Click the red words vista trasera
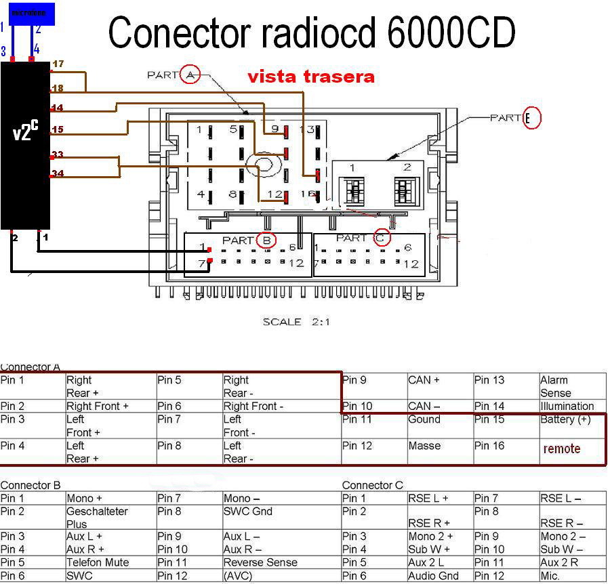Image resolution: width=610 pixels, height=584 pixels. pyautogui.click(x=310, y=77)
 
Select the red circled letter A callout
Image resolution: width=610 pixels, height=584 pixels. pyautogui.click(x=190, y=75)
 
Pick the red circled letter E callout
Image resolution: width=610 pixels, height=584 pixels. pyautogui.click(x=533, y=119)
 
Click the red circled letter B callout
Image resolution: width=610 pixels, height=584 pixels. pyautogui.click(x=266, y=240)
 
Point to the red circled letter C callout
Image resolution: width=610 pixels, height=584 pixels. pyautogui.click(x=381, y=238)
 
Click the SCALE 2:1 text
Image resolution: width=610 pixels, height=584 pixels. pyautogui.click(x=296, y=322)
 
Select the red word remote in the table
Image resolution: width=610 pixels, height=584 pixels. pyautogui.click(x=562, y=449)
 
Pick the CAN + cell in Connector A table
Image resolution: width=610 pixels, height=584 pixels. pyautogui.click(x=424, y=380)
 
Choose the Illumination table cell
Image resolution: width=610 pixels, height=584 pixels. pyautogui.click(x=567, y=406)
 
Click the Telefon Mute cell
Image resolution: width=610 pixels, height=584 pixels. pyautogui.click(x=98, y=562)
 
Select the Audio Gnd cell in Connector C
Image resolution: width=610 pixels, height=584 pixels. pyautogui.click(x=433, y=576)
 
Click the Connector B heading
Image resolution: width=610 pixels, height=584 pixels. pyautogui.click(x=30, y=485)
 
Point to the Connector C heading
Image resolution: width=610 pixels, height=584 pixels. pyautogui.click(x=372, y=485)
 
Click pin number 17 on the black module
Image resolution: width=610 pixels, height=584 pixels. pyautogui.click(x=58, y=64)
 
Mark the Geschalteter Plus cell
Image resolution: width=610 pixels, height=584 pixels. pyautogui.click(x=97, y=518)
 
